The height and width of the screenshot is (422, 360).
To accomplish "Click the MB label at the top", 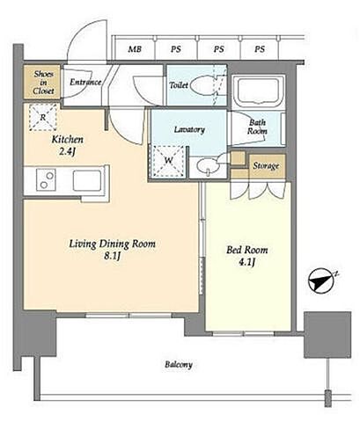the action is (x=135, y=49).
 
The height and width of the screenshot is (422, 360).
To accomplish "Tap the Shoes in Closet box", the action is (x=42, y=82).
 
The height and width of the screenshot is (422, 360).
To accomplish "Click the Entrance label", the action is (x=85, y=82).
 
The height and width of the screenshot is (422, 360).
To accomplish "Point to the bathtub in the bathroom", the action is (x=258, y=91).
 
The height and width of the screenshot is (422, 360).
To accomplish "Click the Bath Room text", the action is (x=257, y=127).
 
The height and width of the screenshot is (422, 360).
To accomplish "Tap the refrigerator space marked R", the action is (x=43, y=117).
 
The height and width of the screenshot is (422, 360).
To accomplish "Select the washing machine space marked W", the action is (x=168, y=161).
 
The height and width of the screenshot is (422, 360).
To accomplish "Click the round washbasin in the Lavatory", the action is (x=208, y=166).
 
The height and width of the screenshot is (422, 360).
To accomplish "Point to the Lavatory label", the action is (x=189, y=129).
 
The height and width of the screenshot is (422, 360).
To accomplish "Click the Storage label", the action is (x=266, y=166).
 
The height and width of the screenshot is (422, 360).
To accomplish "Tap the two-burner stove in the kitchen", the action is (x=46, y=180).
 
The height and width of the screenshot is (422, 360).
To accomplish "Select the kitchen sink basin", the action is (x=87, y=180).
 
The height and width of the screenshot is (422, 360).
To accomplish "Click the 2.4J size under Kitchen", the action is (x=68, y=151).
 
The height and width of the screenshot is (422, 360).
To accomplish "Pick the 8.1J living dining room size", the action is (x=113, y=256).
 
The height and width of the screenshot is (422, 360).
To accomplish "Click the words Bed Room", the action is (x=247, y=250).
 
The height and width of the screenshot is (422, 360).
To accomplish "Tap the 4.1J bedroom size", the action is (x=247, y=262).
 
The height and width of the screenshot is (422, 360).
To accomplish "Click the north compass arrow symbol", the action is (x=321, y=280).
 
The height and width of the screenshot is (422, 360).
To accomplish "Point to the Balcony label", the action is (x=179, y=365).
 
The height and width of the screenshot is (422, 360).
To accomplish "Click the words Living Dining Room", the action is (x=113, y=244).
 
